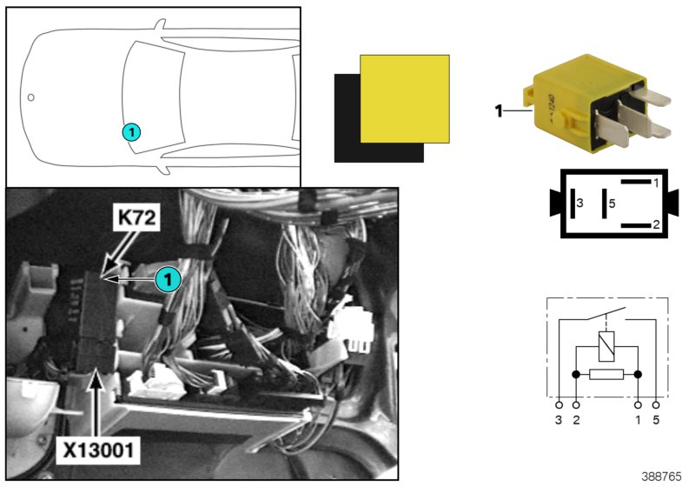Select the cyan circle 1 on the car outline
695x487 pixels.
point(130,132)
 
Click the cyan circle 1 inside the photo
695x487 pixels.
point(168,278)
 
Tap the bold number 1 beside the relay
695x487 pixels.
point(499,110)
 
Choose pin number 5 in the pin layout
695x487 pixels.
point(612,203)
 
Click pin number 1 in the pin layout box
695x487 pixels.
point(658,183)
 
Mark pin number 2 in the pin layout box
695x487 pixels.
point(658,224)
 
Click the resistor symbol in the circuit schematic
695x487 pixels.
point(606,376)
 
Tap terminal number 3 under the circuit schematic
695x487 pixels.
point(559,420)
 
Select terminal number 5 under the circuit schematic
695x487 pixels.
point(657,420)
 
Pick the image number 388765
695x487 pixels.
point(661,476)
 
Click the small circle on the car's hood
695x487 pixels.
point(30,97)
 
